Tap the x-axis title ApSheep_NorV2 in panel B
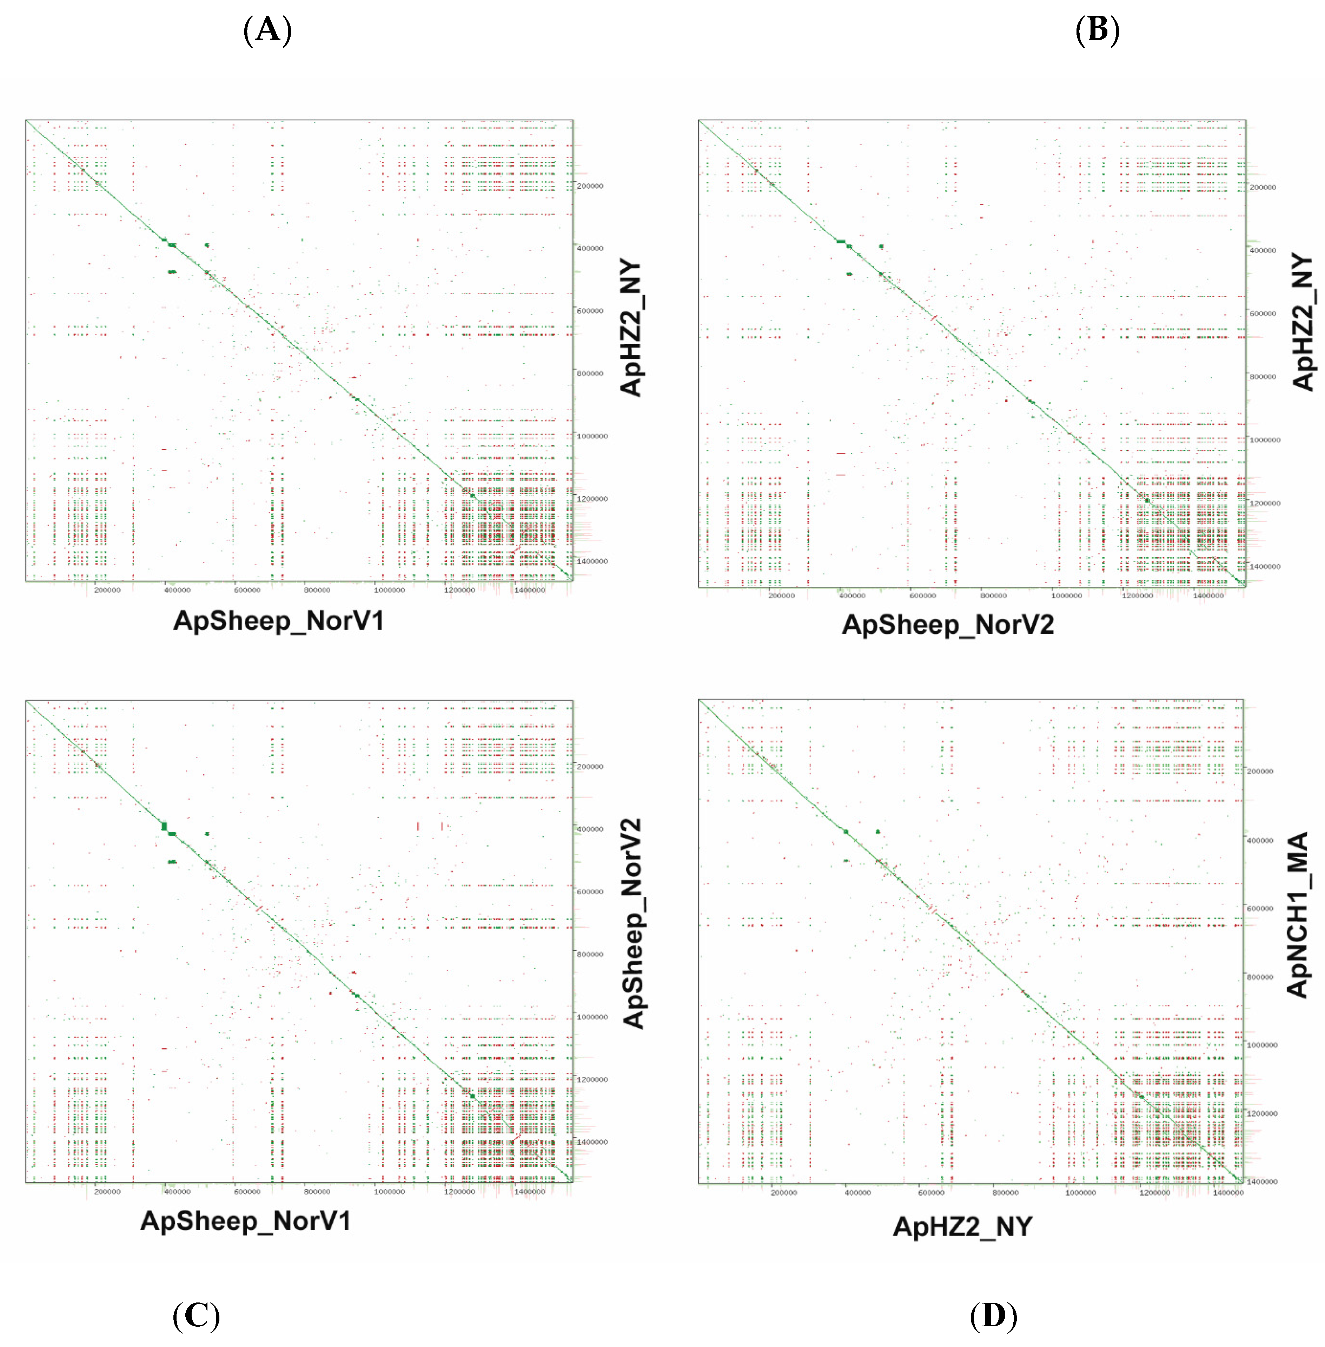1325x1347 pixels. (x=948, y=625)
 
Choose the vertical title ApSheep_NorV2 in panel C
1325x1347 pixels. (x=632, y=923)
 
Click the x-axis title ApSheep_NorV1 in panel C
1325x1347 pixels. (x=246, y=1221)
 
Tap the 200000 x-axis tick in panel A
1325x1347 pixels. (x=107, y=590)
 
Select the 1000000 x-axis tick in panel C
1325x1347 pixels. (x=389, y=1191)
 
